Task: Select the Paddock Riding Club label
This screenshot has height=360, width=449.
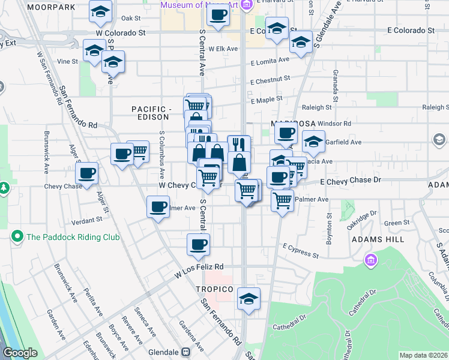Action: [73, 237]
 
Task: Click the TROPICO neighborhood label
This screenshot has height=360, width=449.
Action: [214, 289]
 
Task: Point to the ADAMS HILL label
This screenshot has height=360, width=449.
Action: [378, 239]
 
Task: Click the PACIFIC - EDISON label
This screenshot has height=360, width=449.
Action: [152, 113]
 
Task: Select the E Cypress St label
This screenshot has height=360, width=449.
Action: [301, 250]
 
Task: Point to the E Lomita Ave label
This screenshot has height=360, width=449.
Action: [270, 61]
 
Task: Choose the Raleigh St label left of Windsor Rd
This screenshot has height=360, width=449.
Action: [316, 107]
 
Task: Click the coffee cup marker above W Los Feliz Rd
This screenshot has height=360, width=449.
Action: [198, 244]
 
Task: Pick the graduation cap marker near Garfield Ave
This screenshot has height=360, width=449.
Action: [313, 141]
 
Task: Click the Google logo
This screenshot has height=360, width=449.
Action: [20, 353]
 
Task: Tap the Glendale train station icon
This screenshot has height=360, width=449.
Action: [185, 352]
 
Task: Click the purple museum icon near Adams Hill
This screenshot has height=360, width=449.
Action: [370, 260]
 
